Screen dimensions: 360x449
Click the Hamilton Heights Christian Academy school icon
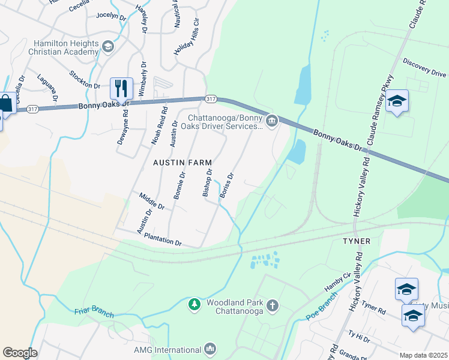coord(107,47)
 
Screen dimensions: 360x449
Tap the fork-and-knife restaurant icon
coord(121,89)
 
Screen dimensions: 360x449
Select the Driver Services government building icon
coord(272,122)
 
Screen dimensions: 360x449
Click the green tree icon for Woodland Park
coord(194,305)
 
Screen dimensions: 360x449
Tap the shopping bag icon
coord(5,103)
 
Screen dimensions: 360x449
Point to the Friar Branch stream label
coord(94,313)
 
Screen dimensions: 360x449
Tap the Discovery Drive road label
coord(424,67)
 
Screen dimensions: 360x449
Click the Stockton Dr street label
coord(84,79)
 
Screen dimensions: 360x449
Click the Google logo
coord(20,352)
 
